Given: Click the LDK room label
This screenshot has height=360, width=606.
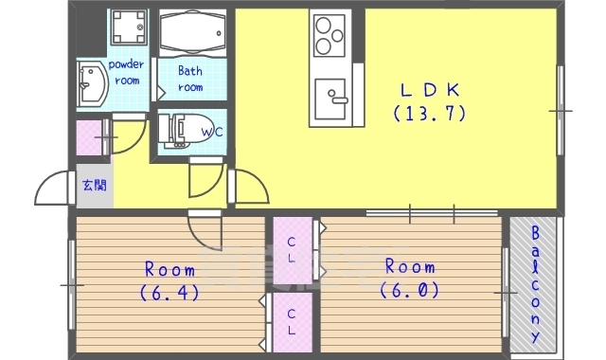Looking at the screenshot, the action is (430, 90).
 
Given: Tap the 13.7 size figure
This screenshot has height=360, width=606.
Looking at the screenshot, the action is (430, 114).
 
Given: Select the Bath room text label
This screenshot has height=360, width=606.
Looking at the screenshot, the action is (190, 79).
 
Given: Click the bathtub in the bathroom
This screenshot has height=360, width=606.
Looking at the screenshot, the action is (192, 32).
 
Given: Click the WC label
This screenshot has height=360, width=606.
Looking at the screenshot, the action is (212, 132).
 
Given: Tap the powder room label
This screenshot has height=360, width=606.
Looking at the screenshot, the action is (126, 72).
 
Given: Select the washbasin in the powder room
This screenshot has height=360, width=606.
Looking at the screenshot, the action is (92, 84).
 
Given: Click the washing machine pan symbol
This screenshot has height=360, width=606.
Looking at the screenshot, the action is (130, 27).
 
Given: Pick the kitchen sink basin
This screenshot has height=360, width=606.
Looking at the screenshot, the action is (330, 99).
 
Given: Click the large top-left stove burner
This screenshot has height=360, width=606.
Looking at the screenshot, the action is (323, 26).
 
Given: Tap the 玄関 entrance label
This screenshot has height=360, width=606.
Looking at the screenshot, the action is (95, 186).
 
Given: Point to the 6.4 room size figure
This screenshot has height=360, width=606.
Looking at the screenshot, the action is (169, 293).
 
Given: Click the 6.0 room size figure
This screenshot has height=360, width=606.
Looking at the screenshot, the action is (410, 290).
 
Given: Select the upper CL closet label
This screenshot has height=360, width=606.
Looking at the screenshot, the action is (292, 250).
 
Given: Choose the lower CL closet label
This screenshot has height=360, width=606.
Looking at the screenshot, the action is (292, 322).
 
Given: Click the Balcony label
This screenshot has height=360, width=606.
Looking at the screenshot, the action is (535, 284).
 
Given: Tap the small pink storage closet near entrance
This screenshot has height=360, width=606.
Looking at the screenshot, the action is (89, 137).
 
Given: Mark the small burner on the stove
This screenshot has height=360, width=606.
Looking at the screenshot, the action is (337, 36).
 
